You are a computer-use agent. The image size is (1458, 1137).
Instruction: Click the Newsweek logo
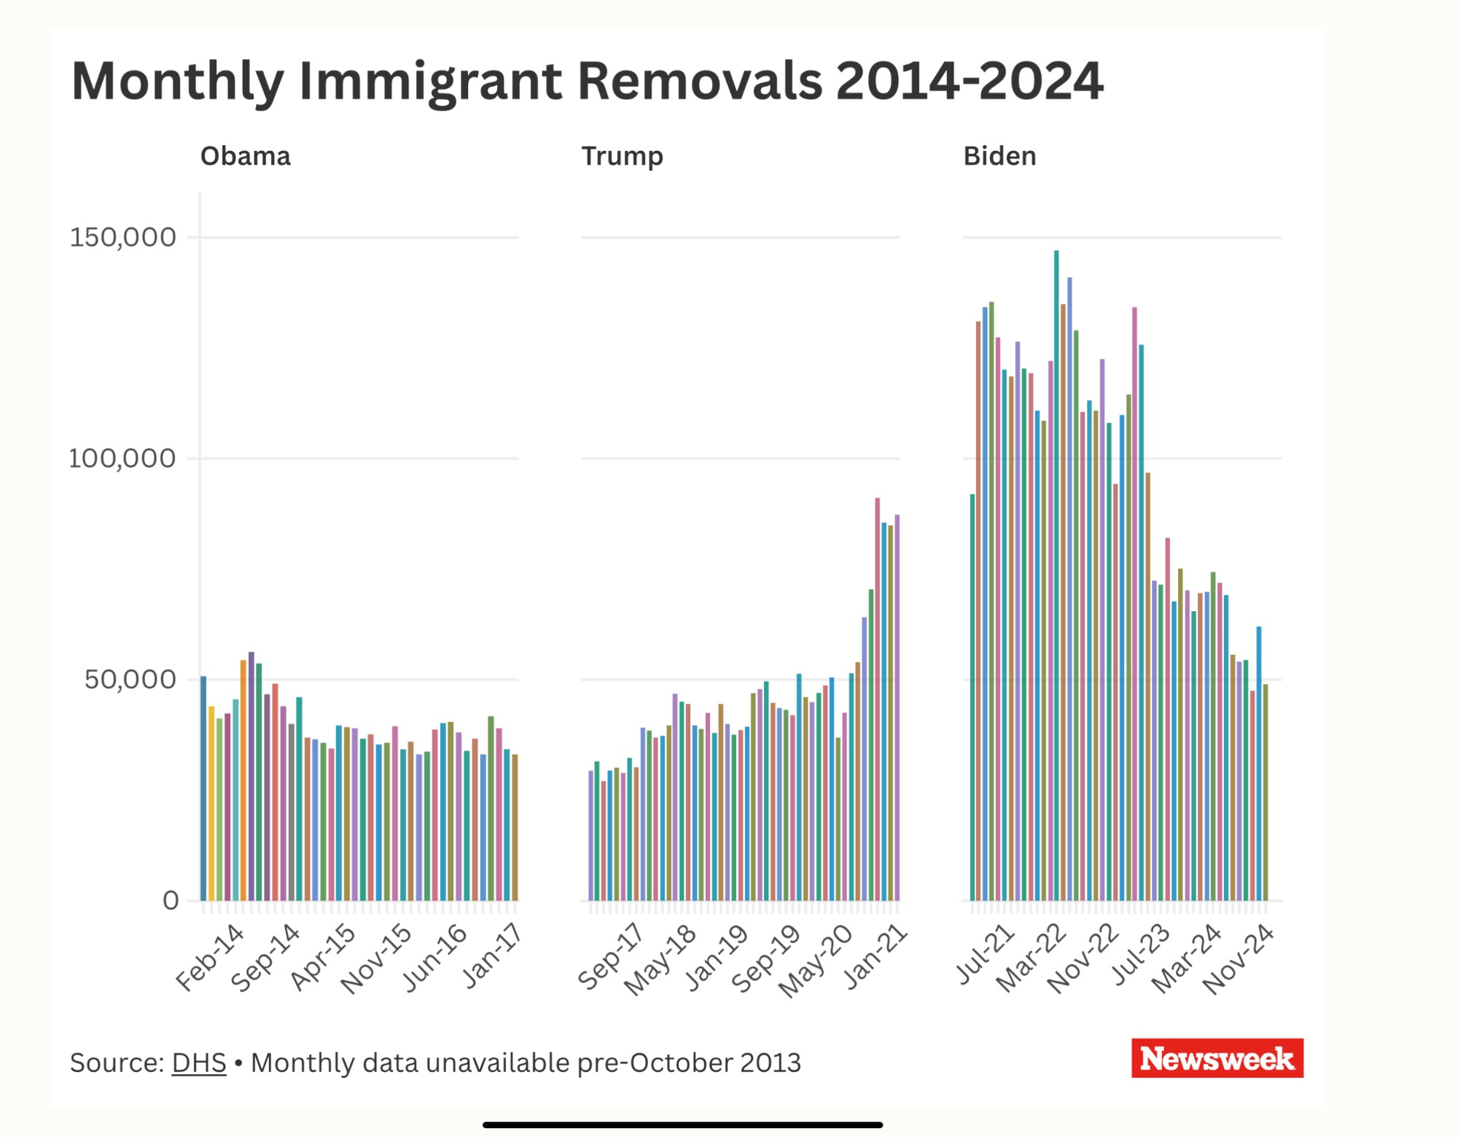click(1217, 1058)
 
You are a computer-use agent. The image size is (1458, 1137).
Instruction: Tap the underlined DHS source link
click(199, 1063)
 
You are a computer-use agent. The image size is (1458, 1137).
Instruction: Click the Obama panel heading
click(246, 156)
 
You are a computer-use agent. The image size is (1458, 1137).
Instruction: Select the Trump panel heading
click(622, 156)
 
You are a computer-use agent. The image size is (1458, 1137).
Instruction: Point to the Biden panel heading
click(999, 156)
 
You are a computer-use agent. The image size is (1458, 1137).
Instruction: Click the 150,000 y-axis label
click(122, 237)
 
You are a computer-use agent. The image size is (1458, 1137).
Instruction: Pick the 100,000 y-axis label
click(122, 458)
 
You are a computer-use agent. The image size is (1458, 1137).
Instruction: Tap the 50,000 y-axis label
click(130, 679)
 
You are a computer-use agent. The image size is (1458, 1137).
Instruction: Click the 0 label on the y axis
click(171, 901)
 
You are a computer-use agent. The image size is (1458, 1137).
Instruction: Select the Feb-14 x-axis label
click(210, 957)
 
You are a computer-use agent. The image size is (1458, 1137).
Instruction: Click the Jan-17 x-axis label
click(493, 955)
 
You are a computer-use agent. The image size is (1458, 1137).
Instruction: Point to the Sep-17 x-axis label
click(611, 957)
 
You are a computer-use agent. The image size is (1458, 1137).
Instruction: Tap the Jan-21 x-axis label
click(876, 955)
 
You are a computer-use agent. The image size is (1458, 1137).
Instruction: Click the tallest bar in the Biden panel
click(1056, 576)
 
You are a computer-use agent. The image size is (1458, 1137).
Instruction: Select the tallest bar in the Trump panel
click(878, 700)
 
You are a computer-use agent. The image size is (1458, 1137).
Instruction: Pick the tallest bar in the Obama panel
click(252, 777)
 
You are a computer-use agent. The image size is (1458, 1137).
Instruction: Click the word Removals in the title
click(700, 80)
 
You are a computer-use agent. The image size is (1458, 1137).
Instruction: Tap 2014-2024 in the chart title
click(970, 80)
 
